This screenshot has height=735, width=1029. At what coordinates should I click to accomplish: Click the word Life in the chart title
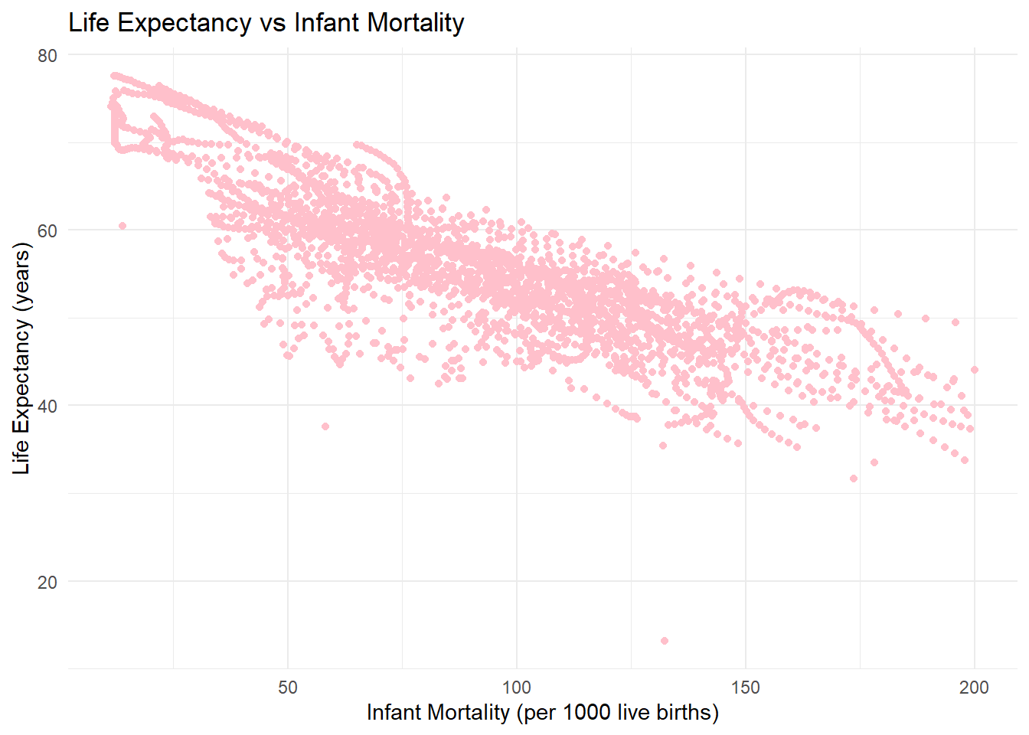point(89,23)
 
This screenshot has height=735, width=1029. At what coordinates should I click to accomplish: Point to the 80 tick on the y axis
point(47,55)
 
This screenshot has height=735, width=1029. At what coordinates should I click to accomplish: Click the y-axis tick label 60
point(47,230)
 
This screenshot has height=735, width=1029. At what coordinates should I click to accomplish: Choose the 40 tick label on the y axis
point(47,406)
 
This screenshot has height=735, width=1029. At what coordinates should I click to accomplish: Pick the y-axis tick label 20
point(47,582)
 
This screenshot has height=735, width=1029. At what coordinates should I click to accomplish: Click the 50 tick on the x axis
point(288,688)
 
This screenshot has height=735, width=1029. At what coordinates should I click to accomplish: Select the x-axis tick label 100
point(516,688)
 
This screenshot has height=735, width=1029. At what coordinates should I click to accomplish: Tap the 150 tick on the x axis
point(745,688)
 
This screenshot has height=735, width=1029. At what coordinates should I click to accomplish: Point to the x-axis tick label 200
point(974,688)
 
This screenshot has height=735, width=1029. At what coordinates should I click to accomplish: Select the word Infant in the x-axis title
point(396,713)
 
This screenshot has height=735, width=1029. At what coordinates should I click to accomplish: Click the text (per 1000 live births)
point(618,713)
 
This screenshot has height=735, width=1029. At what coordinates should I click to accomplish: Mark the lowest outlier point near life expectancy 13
point(665,641)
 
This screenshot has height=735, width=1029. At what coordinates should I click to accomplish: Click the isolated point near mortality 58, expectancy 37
point(325,426)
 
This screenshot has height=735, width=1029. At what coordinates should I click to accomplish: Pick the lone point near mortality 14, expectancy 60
point(122,226)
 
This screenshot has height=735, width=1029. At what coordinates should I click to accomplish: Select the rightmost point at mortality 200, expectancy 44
point(975,370)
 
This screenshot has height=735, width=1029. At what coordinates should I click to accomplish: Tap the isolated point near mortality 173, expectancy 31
point(854,479)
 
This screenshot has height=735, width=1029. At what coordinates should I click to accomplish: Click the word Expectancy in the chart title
point(184,23)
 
